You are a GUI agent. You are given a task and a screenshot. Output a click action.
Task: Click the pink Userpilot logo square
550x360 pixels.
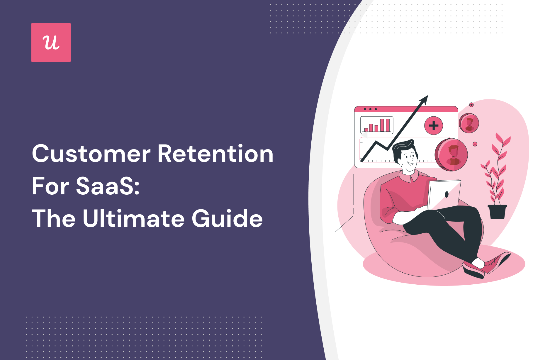[x=51, y=43]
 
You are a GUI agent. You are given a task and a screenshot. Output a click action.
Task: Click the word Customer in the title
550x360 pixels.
[x=91, y=154]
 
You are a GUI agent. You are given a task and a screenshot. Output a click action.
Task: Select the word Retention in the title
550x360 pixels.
[x=215, y=154]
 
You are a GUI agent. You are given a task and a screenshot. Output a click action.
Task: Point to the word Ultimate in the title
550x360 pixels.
[x=134, y=218]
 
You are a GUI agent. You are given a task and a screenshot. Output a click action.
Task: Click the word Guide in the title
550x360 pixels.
[x=227, y=218]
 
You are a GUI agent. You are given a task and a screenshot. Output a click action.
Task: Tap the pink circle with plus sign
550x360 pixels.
[x=434, y=126]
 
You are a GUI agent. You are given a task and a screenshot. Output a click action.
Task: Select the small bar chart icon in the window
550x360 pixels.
[x=377, y=125]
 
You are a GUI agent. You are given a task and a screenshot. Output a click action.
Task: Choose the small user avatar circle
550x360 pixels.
[x=469, y=123]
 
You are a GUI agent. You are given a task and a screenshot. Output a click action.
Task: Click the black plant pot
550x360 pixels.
[x=497, y=212]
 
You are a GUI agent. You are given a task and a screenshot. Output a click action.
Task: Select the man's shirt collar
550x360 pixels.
[x=408, y=176]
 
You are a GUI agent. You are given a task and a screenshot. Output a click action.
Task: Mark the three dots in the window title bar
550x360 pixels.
[x=370, y=109]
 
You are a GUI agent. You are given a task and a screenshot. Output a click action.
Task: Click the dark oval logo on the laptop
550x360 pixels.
[x=447, y=194]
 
